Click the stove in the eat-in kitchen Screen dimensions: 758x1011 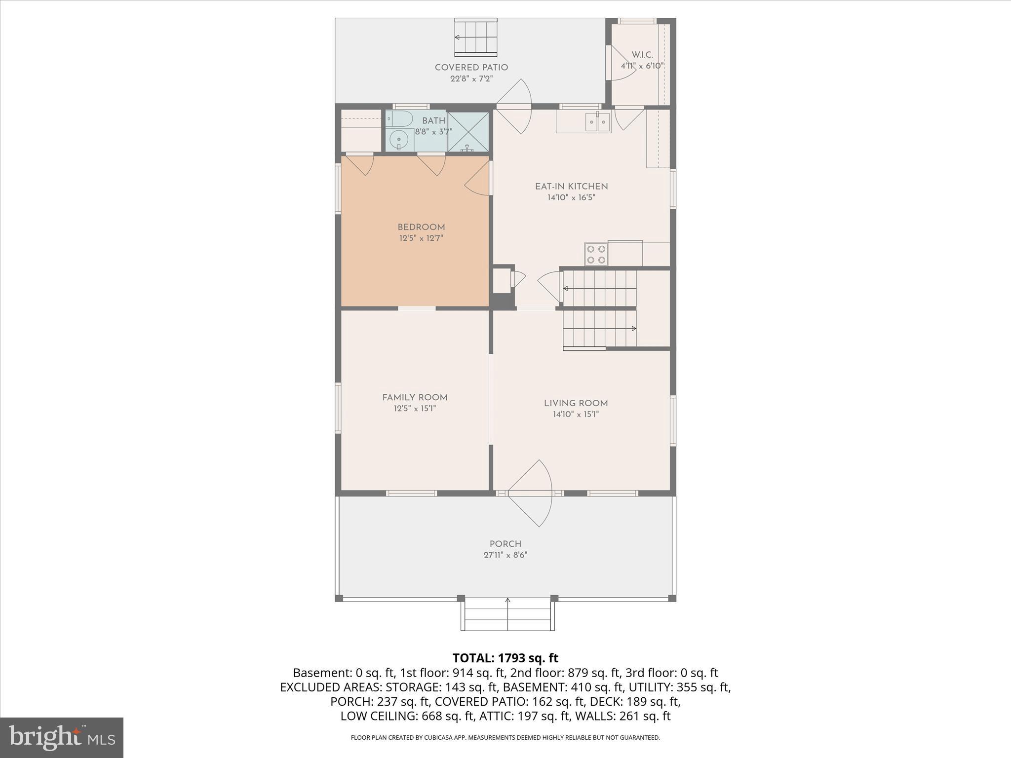coord(596,255)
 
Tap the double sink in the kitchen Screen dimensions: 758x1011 coord(598,121)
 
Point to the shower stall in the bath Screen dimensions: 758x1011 coord(467,132)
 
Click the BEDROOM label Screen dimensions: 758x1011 coord(421,227)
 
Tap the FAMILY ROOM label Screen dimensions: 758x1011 coord(415,398)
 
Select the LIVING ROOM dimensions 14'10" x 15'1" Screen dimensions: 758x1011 coord(576,415)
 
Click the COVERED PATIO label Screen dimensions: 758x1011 coord(471,68)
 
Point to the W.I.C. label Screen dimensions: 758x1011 coord(642,55)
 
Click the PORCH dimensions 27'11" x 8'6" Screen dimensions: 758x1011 coord(505,555)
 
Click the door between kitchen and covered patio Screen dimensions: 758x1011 coord(513,106)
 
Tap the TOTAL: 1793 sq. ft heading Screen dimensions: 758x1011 coord(505,658)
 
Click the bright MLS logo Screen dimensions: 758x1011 coord(62,737)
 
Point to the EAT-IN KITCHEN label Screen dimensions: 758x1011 coord(571,187)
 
